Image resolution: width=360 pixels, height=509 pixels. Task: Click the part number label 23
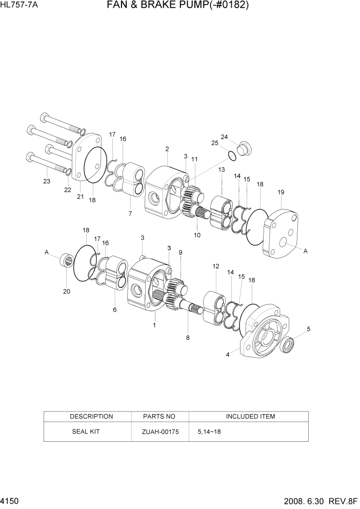[x=47, y=181]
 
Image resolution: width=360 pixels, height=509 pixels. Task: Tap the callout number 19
[x=281, y=192]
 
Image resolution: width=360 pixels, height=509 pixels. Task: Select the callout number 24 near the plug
[x=224, y=136]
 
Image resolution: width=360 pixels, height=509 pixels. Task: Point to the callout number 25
[x=215, y=143]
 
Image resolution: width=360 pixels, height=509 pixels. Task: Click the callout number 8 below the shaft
[x=188, y=338]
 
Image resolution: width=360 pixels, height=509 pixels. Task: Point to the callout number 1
[x=154, y=325]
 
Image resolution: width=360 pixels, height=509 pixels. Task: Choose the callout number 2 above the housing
[x=167, y=149]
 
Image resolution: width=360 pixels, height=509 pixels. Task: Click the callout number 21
[x=80, y=197]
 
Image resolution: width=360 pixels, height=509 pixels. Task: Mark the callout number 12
[x=215, y=266]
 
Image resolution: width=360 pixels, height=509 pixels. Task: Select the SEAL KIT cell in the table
[x=86, y=432]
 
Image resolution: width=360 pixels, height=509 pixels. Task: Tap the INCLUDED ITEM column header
[x=250, y=416]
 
